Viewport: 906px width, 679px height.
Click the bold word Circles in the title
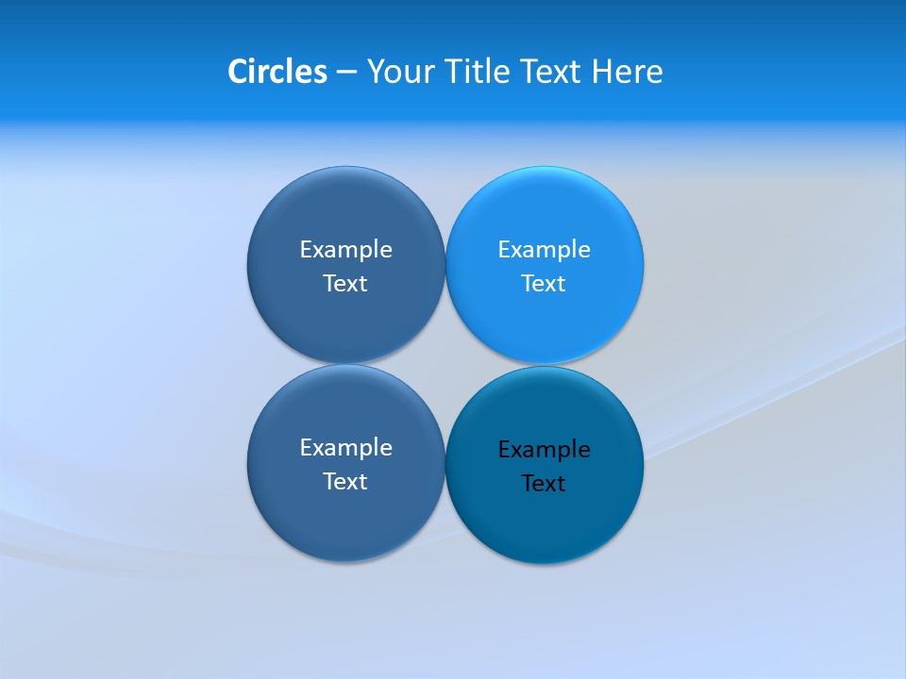[x=277, y=72]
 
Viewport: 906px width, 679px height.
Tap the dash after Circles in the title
[x=346, y=73]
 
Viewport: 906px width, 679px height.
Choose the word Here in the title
[x=628, y=72]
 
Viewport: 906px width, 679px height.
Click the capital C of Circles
[x=238, y=72]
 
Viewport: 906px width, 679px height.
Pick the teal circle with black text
[x=545, y=523]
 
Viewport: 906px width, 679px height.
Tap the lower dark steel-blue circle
[x=345, y=523]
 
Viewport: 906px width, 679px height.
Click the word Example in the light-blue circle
[x=544, y=250]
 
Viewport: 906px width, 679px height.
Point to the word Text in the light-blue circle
[x=544, y=284]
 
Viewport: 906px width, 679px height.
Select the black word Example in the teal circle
[x=544, y=450]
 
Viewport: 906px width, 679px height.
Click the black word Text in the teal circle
[x=544, y=484]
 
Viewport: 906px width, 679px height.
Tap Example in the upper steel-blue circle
[x=345, y=250]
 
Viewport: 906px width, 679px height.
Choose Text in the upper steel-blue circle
[x=345, y=284]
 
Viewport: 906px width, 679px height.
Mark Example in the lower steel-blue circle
[x=345, y=448]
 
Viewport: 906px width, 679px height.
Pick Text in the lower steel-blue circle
[x=345, y=482]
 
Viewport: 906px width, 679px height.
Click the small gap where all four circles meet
[x=445, y=364]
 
